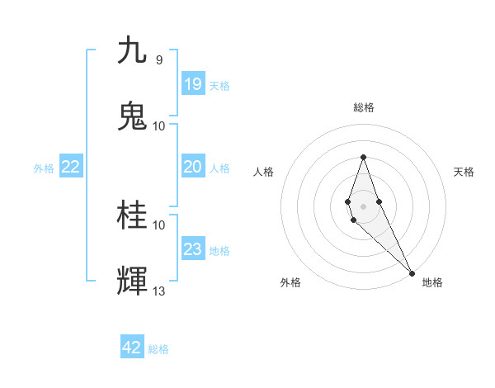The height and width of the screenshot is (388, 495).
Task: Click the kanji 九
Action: click(133, 50)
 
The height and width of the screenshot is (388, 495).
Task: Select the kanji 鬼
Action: click(133, 116)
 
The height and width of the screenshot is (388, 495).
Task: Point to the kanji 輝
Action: click(133, 282)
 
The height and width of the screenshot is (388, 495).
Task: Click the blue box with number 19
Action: click(193, 83)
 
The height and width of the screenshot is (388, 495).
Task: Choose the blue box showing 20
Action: click(193, 167)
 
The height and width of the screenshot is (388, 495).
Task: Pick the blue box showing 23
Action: click(193, 249)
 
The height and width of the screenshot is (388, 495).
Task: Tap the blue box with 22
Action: click(71, 167)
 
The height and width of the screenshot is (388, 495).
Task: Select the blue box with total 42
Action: click(132, 348)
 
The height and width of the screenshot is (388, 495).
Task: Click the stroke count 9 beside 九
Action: click(158, 60)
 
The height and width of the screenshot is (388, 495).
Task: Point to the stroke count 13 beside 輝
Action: click(158, 291)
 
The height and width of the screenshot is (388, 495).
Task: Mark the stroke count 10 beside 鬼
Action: click(158, 126)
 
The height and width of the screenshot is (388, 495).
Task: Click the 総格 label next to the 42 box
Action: click(158, 349)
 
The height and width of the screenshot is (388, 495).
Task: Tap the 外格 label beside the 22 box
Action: click(44, 168)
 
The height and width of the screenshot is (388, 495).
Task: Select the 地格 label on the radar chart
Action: click(432, 282)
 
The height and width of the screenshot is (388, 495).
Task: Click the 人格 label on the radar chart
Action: click(263, 172)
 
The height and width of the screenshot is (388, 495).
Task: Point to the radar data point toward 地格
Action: click(412, 272)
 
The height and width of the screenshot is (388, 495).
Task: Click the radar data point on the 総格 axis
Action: click(363, 157)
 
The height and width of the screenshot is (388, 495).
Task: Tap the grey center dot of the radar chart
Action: click(363, 206)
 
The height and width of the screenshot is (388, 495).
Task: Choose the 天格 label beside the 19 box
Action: click(219, 85)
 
